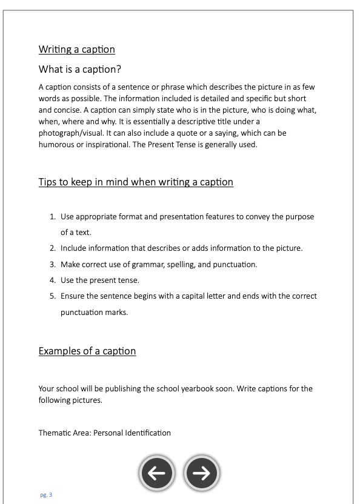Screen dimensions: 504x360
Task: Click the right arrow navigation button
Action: (x=202, y=474)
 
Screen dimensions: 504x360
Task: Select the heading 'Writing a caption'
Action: (x=76, y=49)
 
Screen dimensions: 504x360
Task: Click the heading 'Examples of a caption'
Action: (x=87, y=351)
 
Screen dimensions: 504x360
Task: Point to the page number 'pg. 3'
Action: (x=46, y=495)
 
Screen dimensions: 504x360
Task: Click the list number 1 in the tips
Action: (x=53, y=217)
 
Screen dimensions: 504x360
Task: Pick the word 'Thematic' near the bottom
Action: (x=55, y=433)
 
